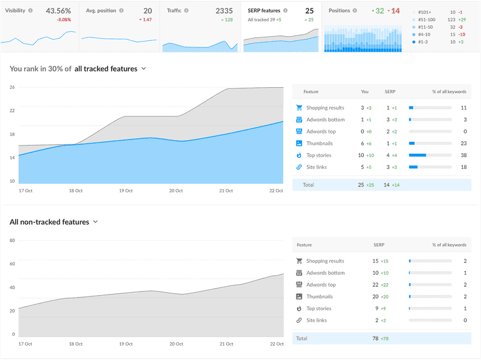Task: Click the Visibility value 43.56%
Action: [58, 11]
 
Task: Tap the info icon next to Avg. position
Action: [121, 11]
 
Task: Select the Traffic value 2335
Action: [224, 11]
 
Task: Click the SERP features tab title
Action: [264, 11]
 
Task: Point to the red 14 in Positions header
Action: [396, 11]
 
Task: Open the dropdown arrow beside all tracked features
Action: [144, 69]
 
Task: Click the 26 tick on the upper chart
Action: [12, 87]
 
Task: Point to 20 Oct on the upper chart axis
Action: [176, 191]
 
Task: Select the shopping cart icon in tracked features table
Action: [299, 108]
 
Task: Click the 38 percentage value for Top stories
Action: [463, 155]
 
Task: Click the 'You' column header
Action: [364, 92]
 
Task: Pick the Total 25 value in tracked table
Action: [361, 185]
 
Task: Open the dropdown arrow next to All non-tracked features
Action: [96, 222]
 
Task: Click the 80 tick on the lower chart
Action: [12, 240]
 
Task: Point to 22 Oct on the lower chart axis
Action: [276, 344]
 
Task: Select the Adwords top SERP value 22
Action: [375, 285]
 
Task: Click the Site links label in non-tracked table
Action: [316, 320]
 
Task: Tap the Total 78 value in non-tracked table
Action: [376, 338]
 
